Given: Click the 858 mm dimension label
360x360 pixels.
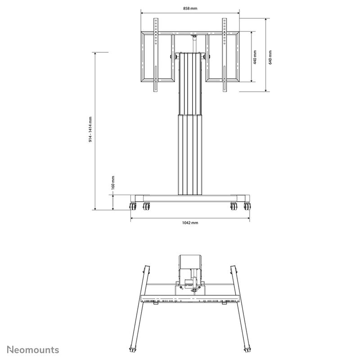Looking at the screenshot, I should tap(190, 8).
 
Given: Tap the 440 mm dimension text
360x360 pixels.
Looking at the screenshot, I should tap(255, 57).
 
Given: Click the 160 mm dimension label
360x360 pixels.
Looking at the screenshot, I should tap(113, 183).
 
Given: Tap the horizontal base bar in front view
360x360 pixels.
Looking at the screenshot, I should tap(190, 198).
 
